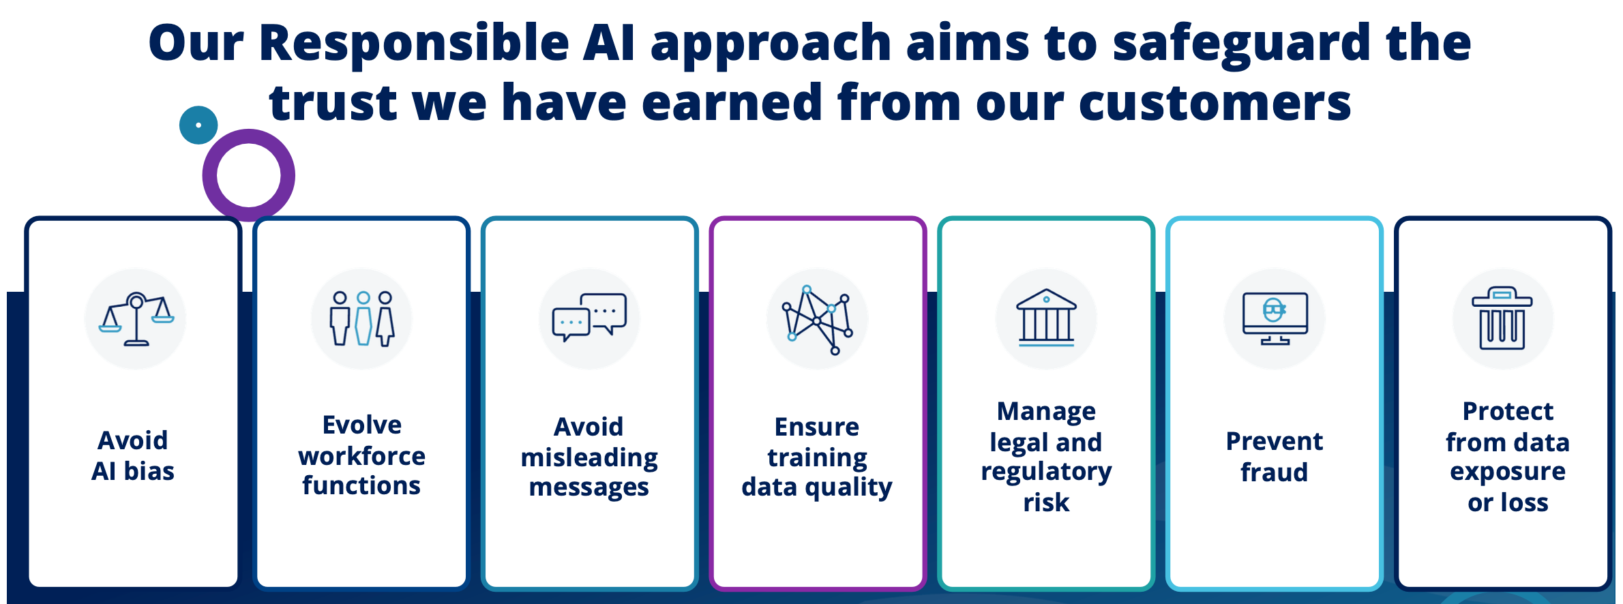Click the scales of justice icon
(136, 319)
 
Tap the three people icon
(362, 318)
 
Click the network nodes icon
(817, 320)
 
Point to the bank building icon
(1046, 318)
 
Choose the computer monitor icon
(1275, 318)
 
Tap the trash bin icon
(1502, 318)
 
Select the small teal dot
(198, 125)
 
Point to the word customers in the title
(1163, 103)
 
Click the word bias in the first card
(149, 471)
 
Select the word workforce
(361, 456)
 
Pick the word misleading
(589, 458)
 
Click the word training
(817, 458)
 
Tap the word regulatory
(1046, 472)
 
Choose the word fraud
(1274, 472)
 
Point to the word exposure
(1508, 472)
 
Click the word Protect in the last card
(1508, 411)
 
